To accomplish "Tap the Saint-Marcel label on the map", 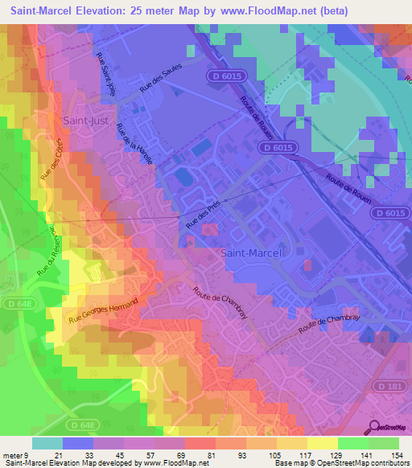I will (x=251, y=252).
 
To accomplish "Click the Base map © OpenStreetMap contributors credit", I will (x=340, y=463).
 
